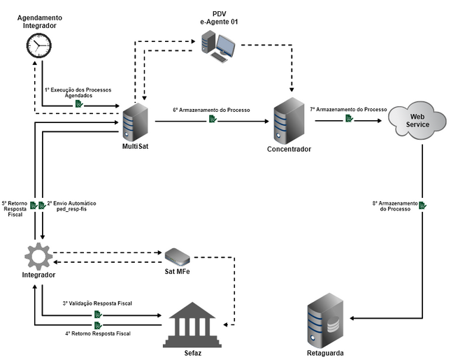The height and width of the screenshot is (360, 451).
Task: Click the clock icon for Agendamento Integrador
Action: pyautogui.click(x=39, y=46)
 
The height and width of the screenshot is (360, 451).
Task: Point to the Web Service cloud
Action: pyautogui.click(x=418, y=120)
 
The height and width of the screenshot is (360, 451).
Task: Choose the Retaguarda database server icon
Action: pyautogui.click(x=325, y=319)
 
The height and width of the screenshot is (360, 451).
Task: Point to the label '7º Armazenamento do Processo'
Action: pyautogui.click(x=349, y=110)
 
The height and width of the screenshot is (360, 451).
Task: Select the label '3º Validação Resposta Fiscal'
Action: pyautogui.click(x=97, y=303)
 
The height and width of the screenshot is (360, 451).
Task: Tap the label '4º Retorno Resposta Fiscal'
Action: pyautogui.click(x=98, y=333)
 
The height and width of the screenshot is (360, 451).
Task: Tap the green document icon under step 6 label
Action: pyautogui.click(x=211, y=120)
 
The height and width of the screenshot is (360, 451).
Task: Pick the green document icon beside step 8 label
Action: pyautogui.click(x=424, y=205)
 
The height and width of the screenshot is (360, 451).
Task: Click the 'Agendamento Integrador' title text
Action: pyautogui.click(x=39, y=21)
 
